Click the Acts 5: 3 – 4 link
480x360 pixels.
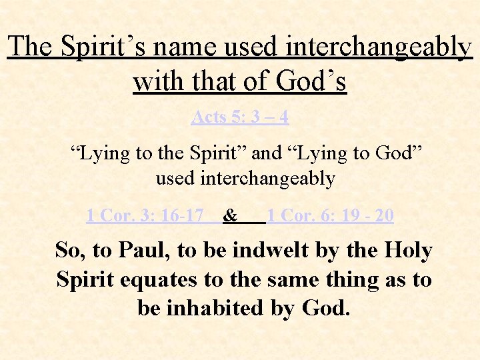pyautogui.click(x=240, y=117)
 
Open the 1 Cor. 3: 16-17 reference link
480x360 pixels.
pyautogui.click(x=145, y=215)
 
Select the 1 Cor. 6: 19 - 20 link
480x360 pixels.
pyautogui.click(x=331, y=215)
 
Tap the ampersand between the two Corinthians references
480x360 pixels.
pyautogui.click(x=231, y=215)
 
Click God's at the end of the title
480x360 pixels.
pyautogui.click(x=313, y=81)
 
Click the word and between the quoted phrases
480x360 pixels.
pyautogui.click(x=267, y=153)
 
